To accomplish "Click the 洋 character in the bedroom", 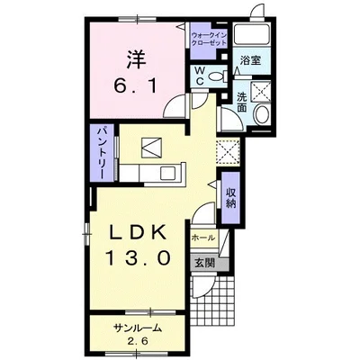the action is (x=136, y=58).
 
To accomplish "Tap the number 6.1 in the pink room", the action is (x=135, y=86).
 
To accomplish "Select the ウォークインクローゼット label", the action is (x=209, y=39).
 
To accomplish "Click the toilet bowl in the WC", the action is (x=217, y=76).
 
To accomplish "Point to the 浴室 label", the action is (x=250, y=61).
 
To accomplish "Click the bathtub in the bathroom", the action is (x=252, y=35).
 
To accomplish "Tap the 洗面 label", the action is (x=242, y=103).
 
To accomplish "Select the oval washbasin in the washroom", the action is (x=262, y=114).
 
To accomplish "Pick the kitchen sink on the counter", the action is (x=169, y=174).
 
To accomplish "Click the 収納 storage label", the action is (x=230, y=197).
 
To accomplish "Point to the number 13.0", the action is (x=138, y=258).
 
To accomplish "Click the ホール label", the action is (x=203, y=238).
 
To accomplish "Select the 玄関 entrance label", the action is (x=205, y=263).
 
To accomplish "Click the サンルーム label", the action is (x=138, y=328).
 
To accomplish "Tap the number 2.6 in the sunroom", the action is (x=138, y=341).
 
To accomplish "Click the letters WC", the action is (x=200, y=76).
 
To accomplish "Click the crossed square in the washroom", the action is (x=260, y=90).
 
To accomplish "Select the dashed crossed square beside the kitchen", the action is (x=228, y=152).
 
